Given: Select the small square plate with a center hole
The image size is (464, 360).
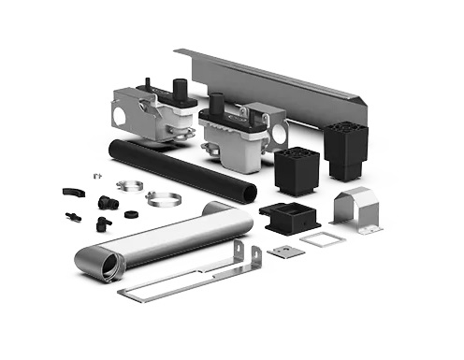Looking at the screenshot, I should point(280,251).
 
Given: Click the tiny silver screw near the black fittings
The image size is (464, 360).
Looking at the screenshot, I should point(96,176).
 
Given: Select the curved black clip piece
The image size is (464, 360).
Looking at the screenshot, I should point(71,192).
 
